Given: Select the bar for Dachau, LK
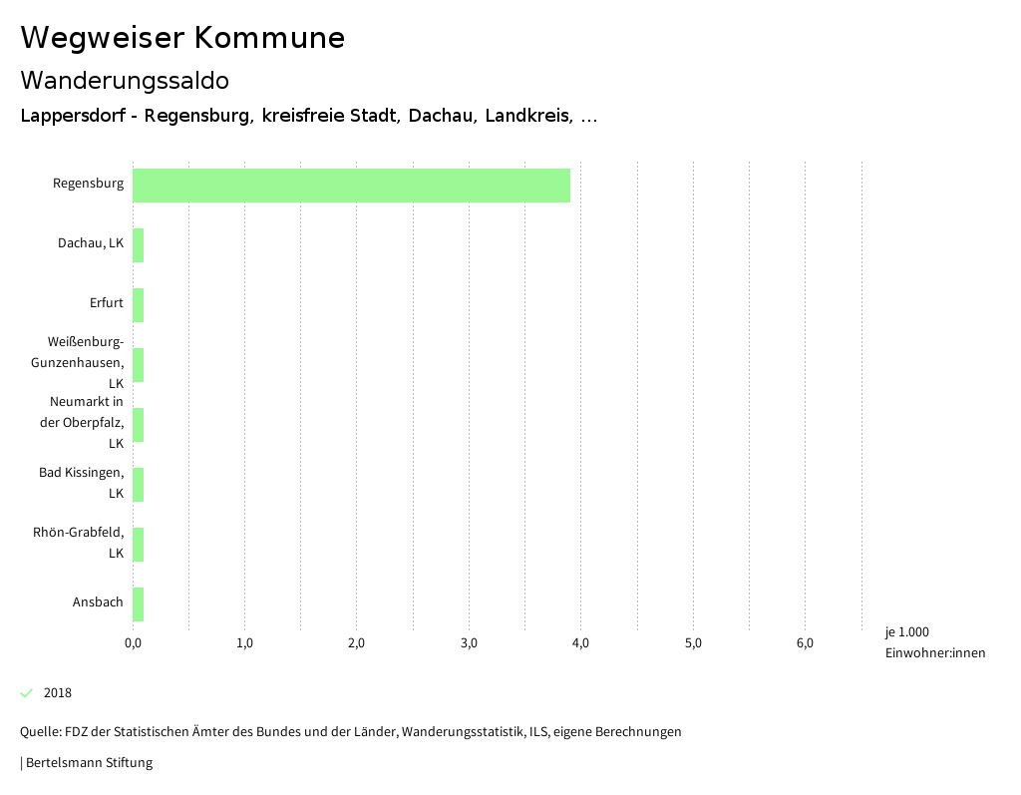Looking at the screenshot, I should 139,245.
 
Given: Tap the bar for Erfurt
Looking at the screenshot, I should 139,305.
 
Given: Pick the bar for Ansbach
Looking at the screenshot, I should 139,604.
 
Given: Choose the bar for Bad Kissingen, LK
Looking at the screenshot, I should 139,485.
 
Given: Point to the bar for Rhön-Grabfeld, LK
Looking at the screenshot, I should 139,545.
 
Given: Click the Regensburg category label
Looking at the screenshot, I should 88,184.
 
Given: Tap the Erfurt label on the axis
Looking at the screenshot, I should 106,303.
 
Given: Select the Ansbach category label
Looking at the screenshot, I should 98,602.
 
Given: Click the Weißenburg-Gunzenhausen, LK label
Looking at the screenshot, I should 86,362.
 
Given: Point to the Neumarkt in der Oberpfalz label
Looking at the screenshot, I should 87,422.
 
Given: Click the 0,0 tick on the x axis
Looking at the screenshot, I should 133,643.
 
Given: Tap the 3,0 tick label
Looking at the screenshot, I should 469,643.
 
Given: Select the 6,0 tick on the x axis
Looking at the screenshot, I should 805,643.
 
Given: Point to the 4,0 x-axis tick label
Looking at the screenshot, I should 580,643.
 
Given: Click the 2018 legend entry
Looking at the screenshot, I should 57,693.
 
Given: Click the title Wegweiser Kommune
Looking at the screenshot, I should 182,38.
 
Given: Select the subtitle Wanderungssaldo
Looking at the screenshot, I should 125,80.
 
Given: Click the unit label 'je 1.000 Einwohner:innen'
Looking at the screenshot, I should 934,642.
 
